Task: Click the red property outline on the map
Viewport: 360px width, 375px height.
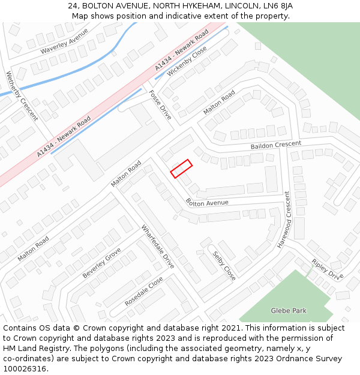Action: tap(181, 168)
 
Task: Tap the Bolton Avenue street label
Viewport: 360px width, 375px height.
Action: tap(207, 203)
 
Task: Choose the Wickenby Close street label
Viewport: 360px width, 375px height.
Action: tap(187, 61)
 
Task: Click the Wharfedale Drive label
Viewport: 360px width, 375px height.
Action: tap(158, 246)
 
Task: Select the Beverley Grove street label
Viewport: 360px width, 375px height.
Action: tap(101, 262)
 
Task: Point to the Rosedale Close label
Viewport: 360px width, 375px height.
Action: tap(144, 292)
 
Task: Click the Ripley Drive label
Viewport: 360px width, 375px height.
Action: tap(327, 269)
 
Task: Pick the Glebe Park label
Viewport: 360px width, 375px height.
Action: tap(289, 311)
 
